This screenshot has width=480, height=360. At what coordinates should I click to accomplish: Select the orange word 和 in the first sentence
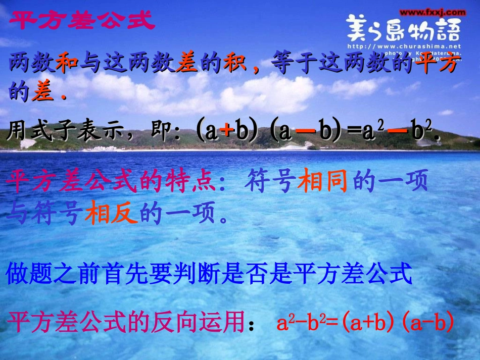pos(70,65)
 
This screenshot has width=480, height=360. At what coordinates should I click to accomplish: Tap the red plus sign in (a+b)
pos(228,132)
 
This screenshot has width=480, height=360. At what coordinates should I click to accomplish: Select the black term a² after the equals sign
pos(371,132)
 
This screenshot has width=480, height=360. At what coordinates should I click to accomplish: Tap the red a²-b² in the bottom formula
pos(302,323)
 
